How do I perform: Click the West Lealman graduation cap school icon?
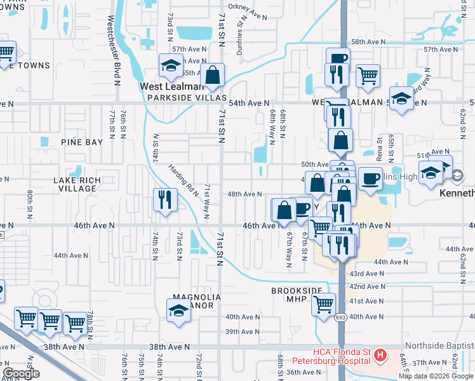tap(170, 65)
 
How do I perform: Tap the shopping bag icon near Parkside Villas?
tap(212, 76)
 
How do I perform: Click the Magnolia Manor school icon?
tap(178, 311)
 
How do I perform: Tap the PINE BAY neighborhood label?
tap(81, 142)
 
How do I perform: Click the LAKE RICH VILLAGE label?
tap(76, 185)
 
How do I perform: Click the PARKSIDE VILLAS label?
tap(187, 98)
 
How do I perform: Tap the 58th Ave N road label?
tap(369, 41)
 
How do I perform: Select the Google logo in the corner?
tap(21, 373)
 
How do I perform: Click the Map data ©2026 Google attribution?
tap(436, 376)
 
